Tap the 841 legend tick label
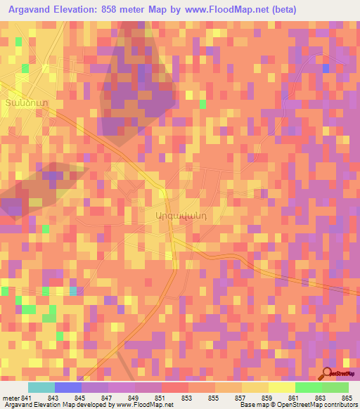coord(27,399)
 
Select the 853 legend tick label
coord(187,399)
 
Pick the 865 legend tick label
coord(347,399)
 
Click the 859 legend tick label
coord(267,399)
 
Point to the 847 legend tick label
coord(107,399)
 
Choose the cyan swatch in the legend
coord(41,387)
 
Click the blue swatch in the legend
coord(67,387)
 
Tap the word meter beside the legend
coord(11,399)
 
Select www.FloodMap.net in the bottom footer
coord(147,405)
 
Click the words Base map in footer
coord(254,405)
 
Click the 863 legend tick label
coord(321,399)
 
